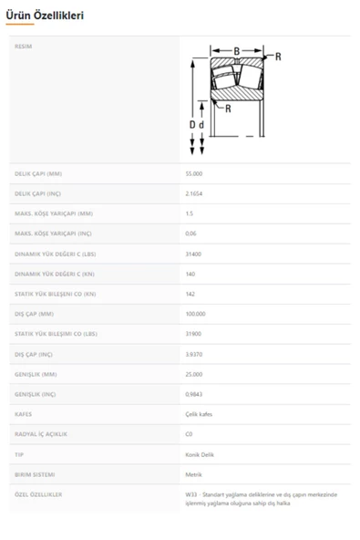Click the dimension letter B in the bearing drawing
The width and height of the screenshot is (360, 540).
pyautogui.click(x=237, y=51)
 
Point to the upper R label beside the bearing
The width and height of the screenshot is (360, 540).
pyautogui.click(x=277, y=57)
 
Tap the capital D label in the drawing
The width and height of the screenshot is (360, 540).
pyautogui.click(x=192, y=124)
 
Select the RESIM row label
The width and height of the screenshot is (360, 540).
pyautogui.click(x=24, y=47)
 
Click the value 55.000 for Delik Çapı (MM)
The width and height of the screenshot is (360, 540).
pyautogui.click(x=194, y=173)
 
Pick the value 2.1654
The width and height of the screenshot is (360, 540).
pyautogui.click(x=193, y=193)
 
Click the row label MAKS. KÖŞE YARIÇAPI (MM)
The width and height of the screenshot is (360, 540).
pyautogui.click(x=54, y=213)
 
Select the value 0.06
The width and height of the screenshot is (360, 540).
pyautogui.click(x=190, y=234)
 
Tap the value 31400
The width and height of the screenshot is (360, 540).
pyautogui.click(x=192, y=254)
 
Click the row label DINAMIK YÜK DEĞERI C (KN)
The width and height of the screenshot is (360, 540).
pyautogui.click(x=55, y=274)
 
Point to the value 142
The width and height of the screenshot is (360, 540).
pyautogui.click(x=190, y=294)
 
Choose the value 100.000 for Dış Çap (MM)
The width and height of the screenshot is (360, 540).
pyautogui.click(x=195, y=314)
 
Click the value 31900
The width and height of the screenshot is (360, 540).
pyautogui.click(x=192, y=334)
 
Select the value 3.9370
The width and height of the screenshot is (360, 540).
pyautogui.click(x=193, y=354)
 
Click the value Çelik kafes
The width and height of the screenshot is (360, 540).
pyautogui.click(x=199, y=414)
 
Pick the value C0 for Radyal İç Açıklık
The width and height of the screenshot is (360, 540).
pyautogui.click(x=189, y=434)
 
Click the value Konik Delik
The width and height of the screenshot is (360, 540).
pyautogui.click(x=200, y=454)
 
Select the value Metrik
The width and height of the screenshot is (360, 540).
pyautogui.click(x=193, y=474)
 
